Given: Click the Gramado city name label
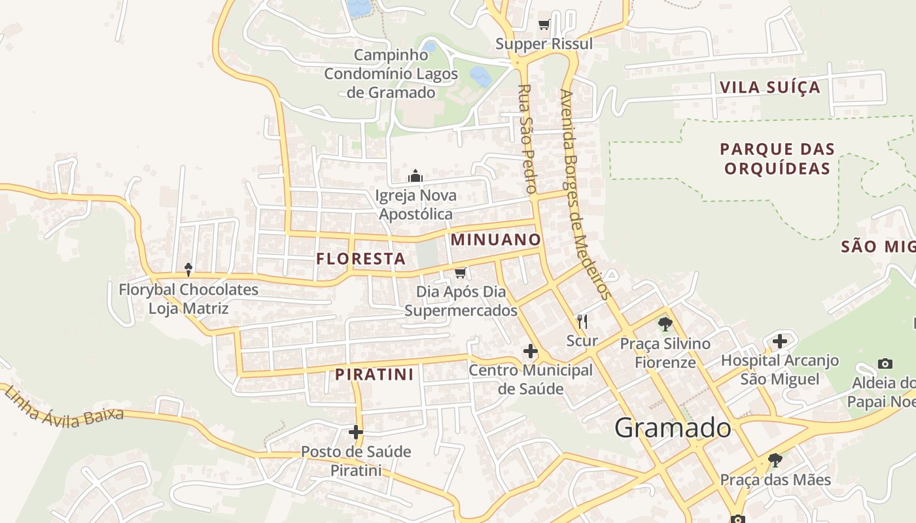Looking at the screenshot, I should click(673, 428).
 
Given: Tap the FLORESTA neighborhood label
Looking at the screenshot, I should click(361, 259).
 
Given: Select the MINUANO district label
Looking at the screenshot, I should click(496, 240).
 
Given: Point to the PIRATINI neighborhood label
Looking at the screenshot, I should click(374, 375).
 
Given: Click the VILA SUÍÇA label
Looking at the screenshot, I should click(769, 88).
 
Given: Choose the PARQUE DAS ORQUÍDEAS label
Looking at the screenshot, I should click(777, 159).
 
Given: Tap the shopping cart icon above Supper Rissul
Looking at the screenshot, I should click(544, 25).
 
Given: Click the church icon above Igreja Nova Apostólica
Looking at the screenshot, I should click(415, 177).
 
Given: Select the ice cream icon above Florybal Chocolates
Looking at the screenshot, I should click(188, 269).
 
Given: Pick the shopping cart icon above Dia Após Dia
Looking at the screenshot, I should click(461, 272).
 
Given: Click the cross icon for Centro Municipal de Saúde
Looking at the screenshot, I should click(531, 352).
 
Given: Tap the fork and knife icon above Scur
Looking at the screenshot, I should click(582, 321).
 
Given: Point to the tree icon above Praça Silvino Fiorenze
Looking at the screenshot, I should click(665, 324).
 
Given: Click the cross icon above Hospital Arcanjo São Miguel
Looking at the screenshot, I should click(779, 341).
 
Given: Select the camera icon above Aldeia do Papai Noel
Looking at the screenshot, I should click(885, 363).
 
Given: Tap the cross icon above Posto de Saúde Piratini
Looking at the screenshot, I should click(356, 432).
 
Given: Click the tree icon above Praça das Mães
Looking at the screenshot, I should click(775, 460).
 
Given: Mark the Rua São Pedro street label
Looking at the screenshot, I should click(527, 138).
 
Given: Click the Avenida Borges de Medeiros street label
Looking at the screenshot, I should click(585, 194).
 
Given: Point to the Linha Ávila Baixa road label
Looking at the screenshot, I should click(63, 408).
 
